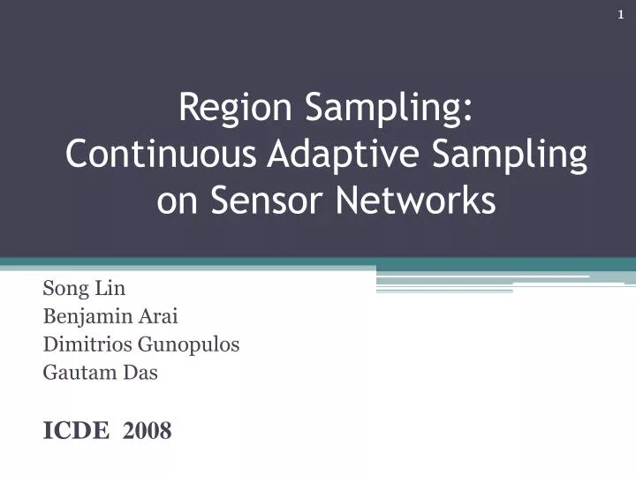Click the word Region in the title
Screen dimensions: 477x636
click(x=234, y=109)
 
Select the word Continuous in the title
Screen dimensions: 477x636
click(x=162, y=155)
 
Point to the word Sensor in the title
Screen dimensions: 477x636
click(x=266, y=201)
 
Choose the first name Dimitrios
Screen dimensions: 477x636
click(x=83, y=344)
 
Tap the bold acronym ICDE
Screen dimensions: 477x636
click(x=75, y=430)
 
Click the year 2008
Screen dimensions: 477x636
click(x=148, y=430)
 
